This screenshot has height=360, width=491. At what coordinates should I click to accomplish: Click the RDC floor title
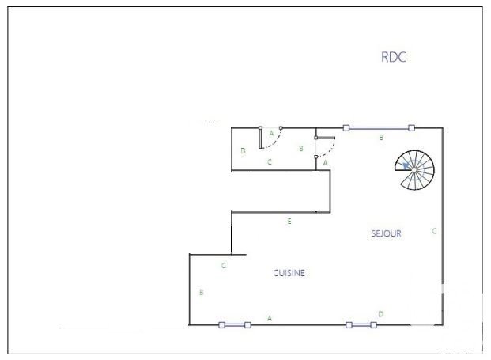[x=394, y=57]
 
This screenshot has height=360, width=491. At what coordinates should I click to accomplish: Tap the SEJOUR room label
[x=386, y=233]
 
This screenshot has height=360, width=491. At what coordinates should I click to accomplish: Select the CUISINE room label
[x=289, y=273]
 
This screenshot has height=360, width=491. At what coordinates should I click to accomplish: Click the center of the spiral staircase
[x=414, y=170]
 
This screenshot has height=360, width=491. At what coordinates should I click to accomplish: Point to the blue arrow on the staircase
[x=406, y=165]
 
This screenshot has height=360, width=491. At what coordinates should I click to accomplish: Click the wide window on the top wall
[x=379, y=128]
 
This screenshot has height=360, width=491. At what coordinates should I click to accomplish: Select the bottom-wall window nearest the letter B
[x=235, y=325]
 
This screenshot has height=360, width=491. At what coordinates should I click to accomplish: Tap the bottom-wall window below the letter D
[x=361, y=325]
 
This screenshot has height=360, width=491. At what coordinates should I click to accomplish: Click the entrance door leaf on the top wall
[x=261, y=137]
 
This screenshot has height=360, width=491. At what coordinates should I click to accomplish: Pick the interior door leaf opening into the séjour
[x=325, y=138]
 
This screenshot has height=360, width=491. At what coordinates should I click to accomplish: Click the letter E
[x=289, y=222]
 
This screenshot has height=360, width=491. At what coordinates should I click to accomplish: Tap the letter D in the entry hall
[x=243, y=150]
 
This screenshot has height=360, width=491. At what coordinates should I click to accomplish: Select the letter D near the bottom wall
[x=380, y=314]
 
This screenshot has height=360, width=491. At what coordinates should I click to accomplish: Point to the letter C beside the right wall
[x=434, y=231]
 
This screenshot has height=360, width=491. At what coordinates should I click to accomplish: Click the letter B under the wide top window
[x=381, y=137]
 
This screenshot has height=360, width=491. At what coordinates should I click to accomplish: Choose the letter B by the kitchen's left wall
[x=202, y=292]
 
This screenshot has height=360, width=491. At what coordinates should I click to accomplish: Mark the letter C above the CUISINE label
[x=224, y=266]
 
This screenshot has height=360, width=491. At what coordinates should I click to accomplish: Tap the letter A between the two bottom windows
[x=270, y=318]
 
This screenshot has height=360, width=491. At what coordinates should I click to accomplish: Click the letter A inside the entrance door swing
[x=271, y=134]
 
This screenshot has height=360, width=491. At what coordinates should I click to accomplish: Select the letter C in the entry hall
[x=270, y=162]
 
